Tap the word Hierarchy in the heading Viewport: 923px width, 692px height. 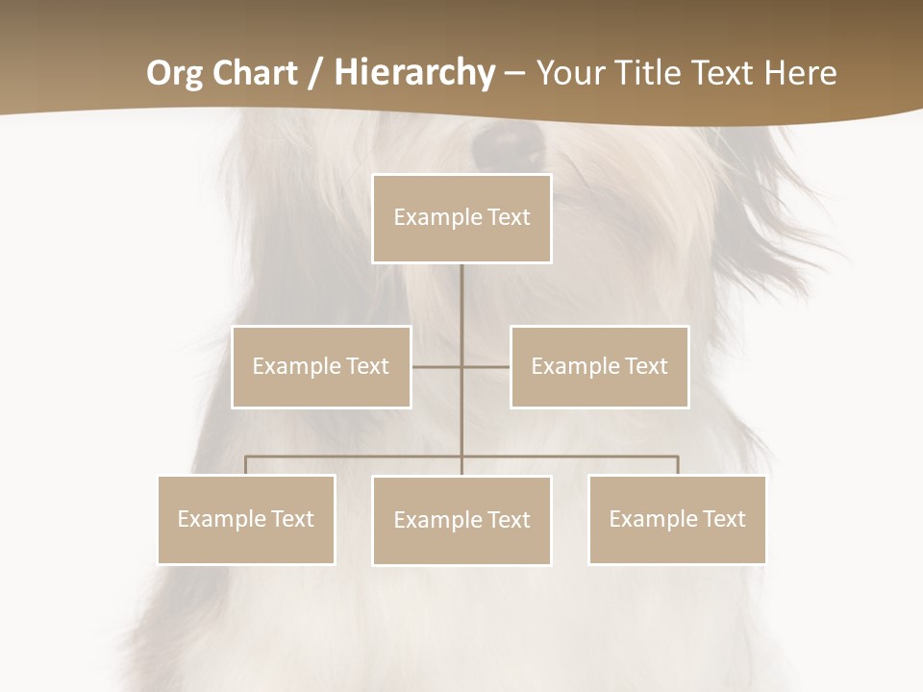[x=414, y=73]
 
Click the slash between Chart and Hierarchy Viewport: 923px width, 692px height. [x=315, y=74]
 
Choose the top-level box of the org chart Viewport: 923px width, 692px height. [x=461, y=218]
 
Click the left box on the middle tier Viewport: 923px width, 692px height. [x=321, y=367]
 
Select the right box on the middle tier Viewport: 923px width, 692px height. [x=599, y=367]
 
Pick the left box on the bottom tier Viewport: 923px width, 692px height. [x=246, y=520]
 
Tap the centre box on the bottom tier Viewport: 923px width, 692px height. [x=461, y=521]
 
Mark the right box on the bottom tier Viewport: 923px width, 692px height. [x=677, y=520]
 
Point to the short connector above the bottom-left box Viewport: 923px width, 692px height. [x=246, y=465]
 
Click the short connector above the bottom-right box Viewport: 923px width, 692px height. [x=678, y=465]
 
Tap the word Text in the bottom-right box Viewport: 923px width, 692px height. [x=723, y=519]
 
